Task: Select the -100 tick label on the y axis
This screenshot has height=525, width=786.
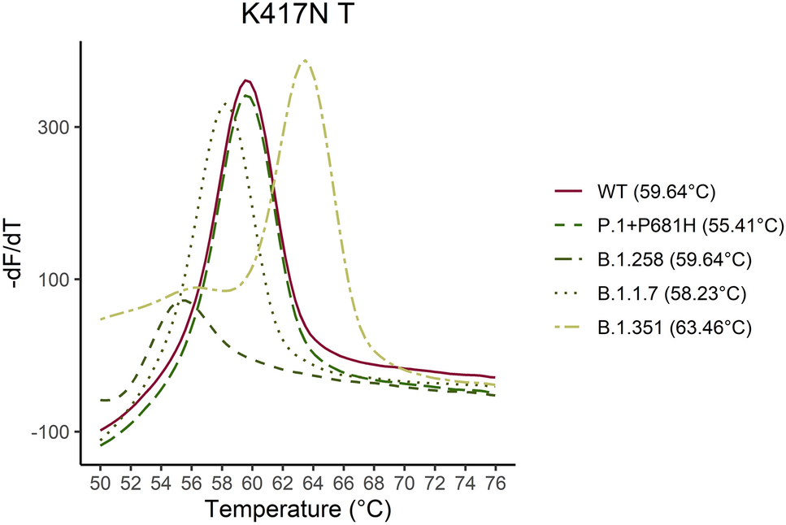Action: (54, 432)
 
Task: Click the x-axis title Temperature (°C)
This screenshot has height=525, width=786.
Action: (297, 510)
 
